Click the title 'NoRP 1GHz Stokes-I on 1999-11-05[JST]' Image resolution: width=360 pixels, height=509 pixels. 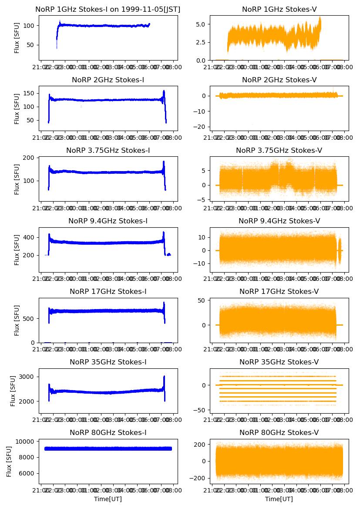pos(108,9)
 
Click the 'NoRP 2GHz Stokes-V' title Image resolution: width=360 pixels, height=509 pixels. pos(279,80)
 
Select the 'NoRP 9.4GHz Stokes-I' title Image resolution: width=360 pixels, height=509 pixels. pos(108,221)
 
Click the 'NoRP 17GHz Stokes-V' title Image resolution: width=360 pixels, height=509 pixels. pos(279,291)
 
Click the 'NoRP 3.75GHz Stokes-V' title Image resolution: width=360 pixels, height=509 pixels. pos(279,150)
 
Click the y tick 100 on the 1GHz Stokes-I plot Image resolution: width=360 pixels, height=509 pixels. pos(30,26)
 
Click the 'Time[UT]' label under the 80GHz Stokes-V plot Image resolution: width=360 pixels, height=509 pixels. pos(279,499)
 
